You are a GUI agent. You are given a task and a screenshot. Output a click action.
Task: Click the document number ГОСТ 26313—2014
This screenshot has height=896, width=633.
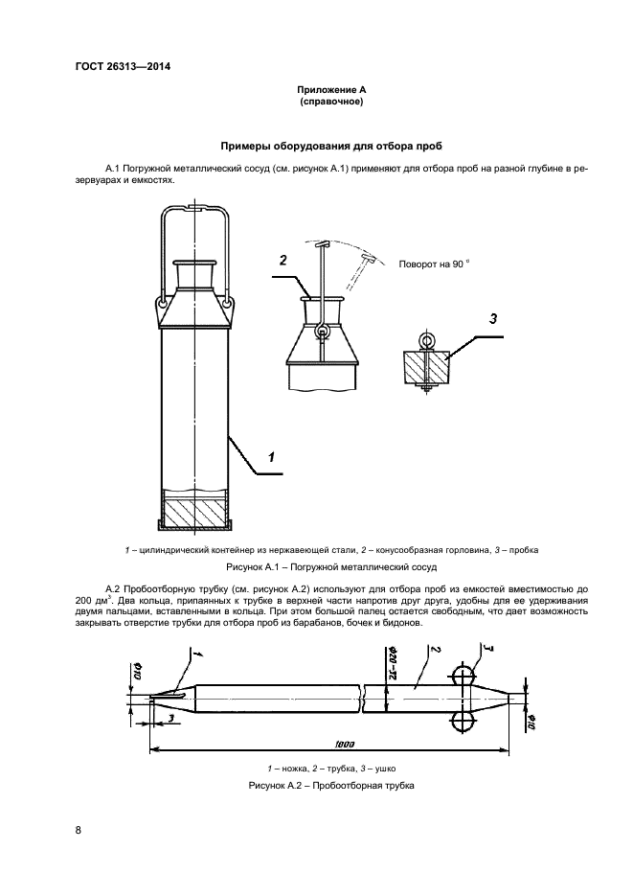(x=123, y=66)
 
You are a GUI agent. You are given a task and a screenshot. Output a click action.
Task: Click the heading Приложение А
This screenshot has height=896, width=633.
(x=331, y=90)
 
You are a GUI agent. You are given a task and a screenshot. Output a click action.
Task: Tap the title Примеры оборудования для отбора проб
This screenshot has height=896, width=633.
(x=331, y=147)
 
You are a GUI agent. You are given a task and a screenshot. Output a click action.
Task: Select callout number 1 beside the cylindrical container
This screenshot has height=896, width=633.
(x=272, y=456)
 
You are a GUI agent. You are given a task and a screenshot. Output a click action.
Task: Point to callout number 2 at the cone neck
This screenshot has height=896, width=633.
(x=283, y=261)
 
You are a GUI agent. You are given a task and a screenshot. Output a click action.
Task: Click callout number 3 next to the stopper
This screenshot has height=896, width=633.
(x=493, y=319)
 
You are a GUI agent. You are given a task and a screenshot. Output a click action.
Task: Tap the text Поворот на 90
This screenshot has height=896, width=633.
(x=435, y=264)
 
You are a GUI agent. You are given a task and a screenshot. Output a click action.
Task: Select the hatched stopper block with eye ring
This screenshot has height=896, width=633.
(x=426, y=367)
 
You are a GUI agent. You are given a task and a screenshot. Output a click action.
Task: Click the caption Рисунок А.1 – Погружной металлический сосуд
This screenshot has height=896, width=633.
(x=331, y=567)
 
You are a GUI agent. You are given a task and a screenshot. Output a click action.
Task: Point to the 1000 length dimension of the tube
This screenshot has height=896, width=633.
(x=345, y=744)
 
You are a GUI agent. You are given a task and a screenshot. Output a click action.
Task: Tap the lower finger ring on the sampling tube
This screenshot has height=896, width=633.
(x=463, y=723)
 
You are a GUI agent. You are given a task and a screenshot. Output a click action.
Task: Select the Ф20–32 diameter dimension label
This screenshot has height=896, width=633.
(x=393, y=662)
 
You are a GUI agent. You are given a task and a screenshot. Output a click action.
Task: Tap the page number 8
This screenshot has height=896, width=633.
(x=79, y=830)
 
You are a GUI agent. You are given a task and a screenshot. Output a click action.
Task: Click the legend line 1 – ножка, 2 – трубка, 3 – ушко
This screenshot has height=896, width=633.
(x=331, y=769)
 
